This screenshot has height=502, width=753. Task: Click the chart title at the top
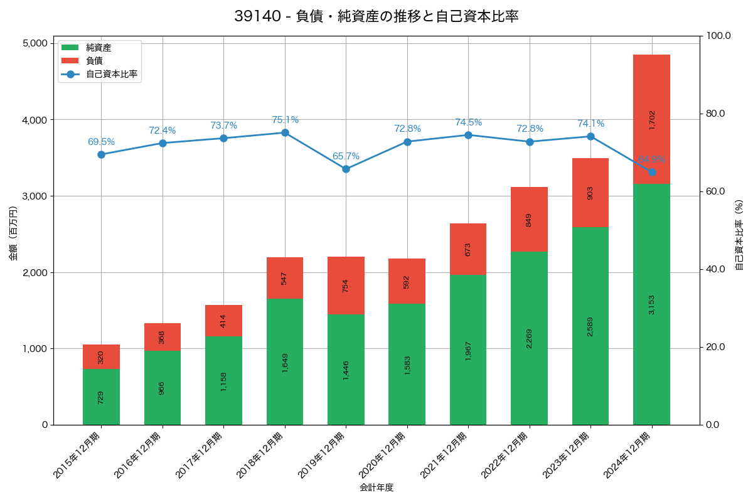pyautogui.click(x=376, y=16)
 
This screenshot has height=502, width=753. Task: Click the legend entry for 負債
pyautogui.click(x=94, y=61)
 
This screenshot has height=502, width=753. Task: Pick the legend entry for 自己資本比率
pyautogui.click(x=112, y=74)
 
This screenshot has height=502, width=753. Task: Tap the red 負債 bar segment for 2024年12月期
pyautogui.click(x=651, y=119)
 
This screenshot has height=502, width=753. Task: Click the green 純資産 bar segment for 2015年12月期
pyautogui.click(x=101, y=397)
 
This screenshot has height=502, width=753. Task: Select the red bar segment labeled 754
pyautogui.click(x=346, y=286)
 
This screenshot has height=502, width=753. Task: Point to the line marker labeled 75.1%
pyautogui.click(x=285, y=132)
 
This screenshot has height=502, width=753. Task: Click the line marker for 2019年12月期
pyautogui.click(x=346, y=169)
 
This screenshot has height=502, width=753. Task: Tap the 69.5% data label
pyautogui.click(x=101, y=142)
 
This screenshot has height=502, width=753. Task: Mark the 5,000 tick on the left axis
pyautogui.click(x=35, y=43)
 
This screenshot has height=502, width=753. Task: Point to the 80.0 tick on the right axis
pyautogui.click(x=715, y=114)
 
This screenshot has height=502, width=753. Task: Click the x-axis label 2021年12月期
pyautogui.click(x=447, y=456)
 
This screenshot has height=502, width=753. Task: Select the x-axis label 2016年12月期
pyautogui.click(x=141, y=456)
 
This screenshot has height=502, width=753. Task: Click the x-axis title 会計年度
pyautogui.click(x=376, y=488)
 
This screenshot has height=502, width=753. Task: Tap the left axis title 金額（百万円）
pyautogui.click(x=13, y=233)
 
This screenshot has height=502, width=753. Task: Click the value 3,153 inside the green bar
pyautogui.click(x=651, y=304)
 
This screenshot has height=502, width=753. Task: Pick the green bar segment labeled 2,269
pyautogui.click(x=529, y=338)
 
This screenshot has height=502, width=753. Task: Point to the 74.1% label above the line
pyautogui.click(x=590, y=124)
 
